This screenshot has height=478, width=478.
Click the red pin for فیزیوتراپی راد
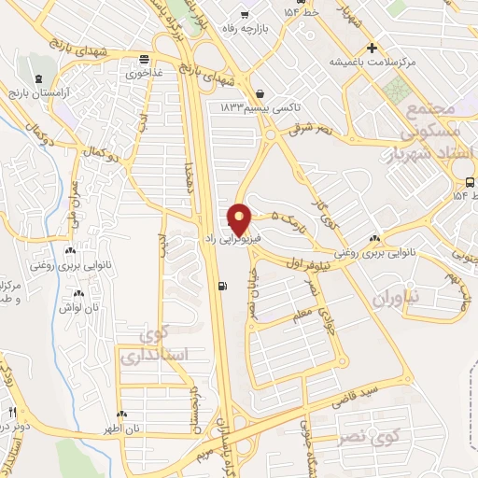240,218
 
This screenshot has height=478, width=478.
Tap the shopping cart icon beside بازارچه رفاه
245,14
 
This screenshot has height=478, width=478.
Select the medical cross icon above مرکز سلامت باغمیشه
372,48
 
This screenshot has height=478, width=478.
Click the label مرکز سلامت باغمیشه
369,63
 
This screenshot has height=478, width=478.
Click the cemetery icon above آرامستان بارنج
36,78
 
